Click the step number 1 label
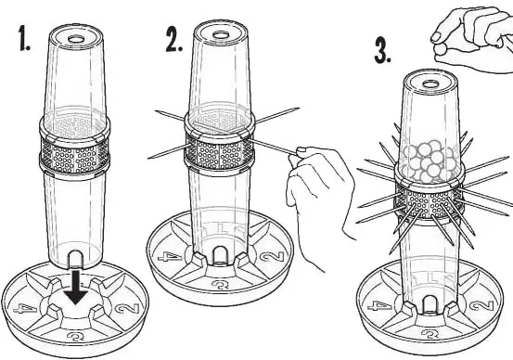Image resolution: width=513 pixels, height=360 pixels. point(24,39)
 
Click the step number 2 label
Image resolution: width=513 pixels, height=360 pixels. point(173,40)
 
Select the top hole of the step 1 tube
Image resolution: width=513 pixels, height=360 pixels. point(76,39)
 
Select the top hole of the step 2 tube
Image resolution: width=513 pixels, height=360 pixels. point(221,35)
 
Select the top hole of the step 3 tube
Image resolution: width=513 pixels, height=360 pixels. point(430,84)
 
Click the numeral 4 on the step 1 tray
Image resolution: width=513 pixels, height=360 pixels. point(26,309)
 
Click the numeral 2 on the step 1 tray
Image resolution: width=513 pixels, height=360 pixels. point(126,309)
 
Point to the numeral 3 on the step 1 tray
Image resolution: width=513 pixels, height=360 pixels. point(76,336)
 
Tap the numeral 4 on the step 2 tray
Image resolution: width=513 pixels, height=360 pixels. point(170,257)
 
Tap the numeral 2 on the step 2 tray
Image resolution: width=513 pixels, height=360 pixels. point(272,256)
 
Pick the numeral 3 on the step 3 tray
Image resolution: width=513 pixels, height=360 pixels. point(430,334)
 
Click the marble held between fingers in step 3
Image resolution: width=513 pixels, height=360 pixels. point(440,50)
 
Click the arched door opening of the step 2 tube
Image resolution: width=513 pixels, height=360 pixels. point(220,255)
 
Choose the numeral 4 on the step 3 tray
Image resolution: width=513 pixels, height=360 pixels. point(379,307)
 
